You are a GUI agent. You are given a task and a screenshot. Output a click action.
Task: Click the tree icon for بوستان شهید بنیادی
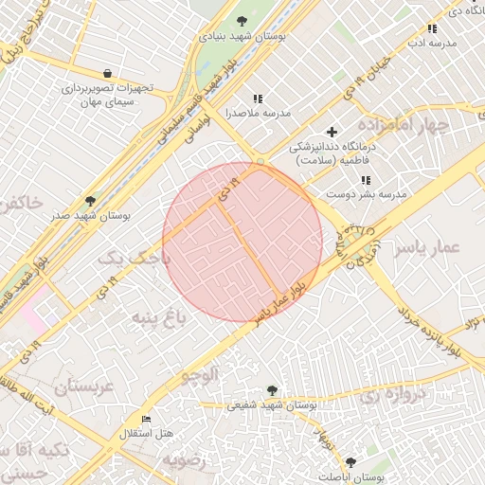pos(243,21)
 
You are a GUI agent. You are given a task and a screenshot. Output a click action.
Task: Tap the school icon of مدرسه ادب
pos(433,28)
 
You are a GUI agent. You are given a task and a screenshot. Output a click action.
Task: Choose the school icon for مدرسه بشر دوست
pos(366,180)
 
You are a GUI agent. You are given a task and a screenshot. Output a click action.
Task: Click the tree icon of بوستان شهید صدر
pos(90,201)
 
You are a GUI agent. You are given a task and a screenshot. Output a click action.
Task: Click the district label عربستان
pos(83,386)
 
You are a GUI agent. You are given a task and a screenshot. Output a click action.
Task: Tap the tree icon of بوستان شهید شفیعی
pos(273,390)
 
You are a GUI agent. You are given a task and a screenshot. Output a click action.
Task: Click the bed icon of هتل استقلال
pos(145,419)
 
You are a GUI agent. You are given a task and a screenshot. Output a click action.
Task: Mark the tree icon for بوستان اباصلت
pos(351,461)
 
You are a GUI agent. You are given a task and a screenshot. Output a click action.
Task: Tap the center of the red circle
pos(242,242)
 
